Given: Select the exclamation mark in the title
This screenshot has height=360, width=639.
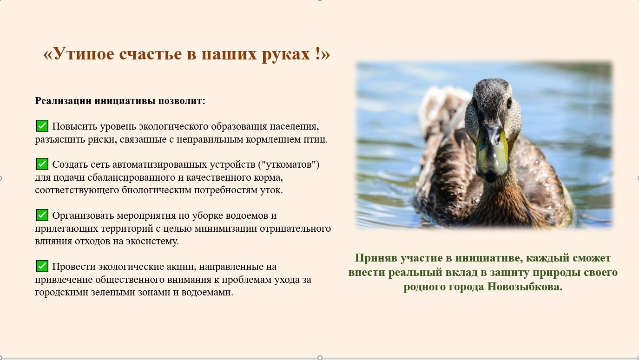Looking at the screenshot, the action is pyautogui.click(x=318, y=53).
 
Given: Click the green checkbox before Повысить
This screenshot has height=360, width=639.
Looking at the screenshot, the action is pyautogui.click(x=42, y=126).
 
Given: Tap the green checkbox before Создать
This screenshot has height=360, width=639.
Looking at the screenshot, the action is pyautogui.click(x=42, y=164).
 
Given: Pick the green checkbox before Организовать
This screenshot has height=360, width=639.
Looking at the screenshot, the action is pyautogui.click(x=42, y=215).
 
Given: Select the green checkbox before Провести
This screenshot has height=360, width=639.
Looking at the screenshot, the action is pyautogui.click(x=42, y=266).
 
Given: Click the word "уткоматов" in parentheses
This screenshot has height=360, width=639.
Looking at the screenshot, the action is pyautogui.click(x=289, y=165).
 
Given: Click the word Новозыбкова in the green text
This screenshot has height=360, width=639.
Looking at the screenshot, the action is pyautogui.click(x=525, y=287).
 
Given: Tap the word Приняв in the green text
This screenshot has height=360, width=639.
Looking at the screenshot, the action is pyautogui.click(x=375, y=258).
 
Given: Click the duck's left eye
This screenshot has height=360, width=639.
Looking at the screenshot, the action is pyautogui.click(x=509, y=103).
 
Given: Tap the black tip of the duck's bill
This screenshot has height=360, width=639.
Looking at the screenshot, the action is pyautogui.click(x=490, y=175).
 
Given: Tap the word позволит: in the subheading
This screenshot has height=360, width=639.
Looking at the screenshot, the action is pyautogui.click(x=182, y=101).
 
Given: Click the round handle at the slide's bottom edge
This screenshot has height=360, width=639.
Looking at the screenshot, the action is pyautogui.click(x=320, y=358).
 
